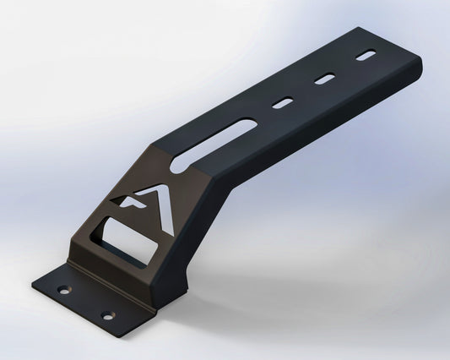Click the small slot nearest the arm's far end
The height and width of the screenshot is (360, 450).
[x=367, y=57]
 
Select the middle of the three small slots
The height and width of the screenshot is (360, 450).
[x=324, y=80]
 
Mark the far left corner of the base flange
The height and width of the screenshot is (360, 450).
[x=34, y=283]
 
